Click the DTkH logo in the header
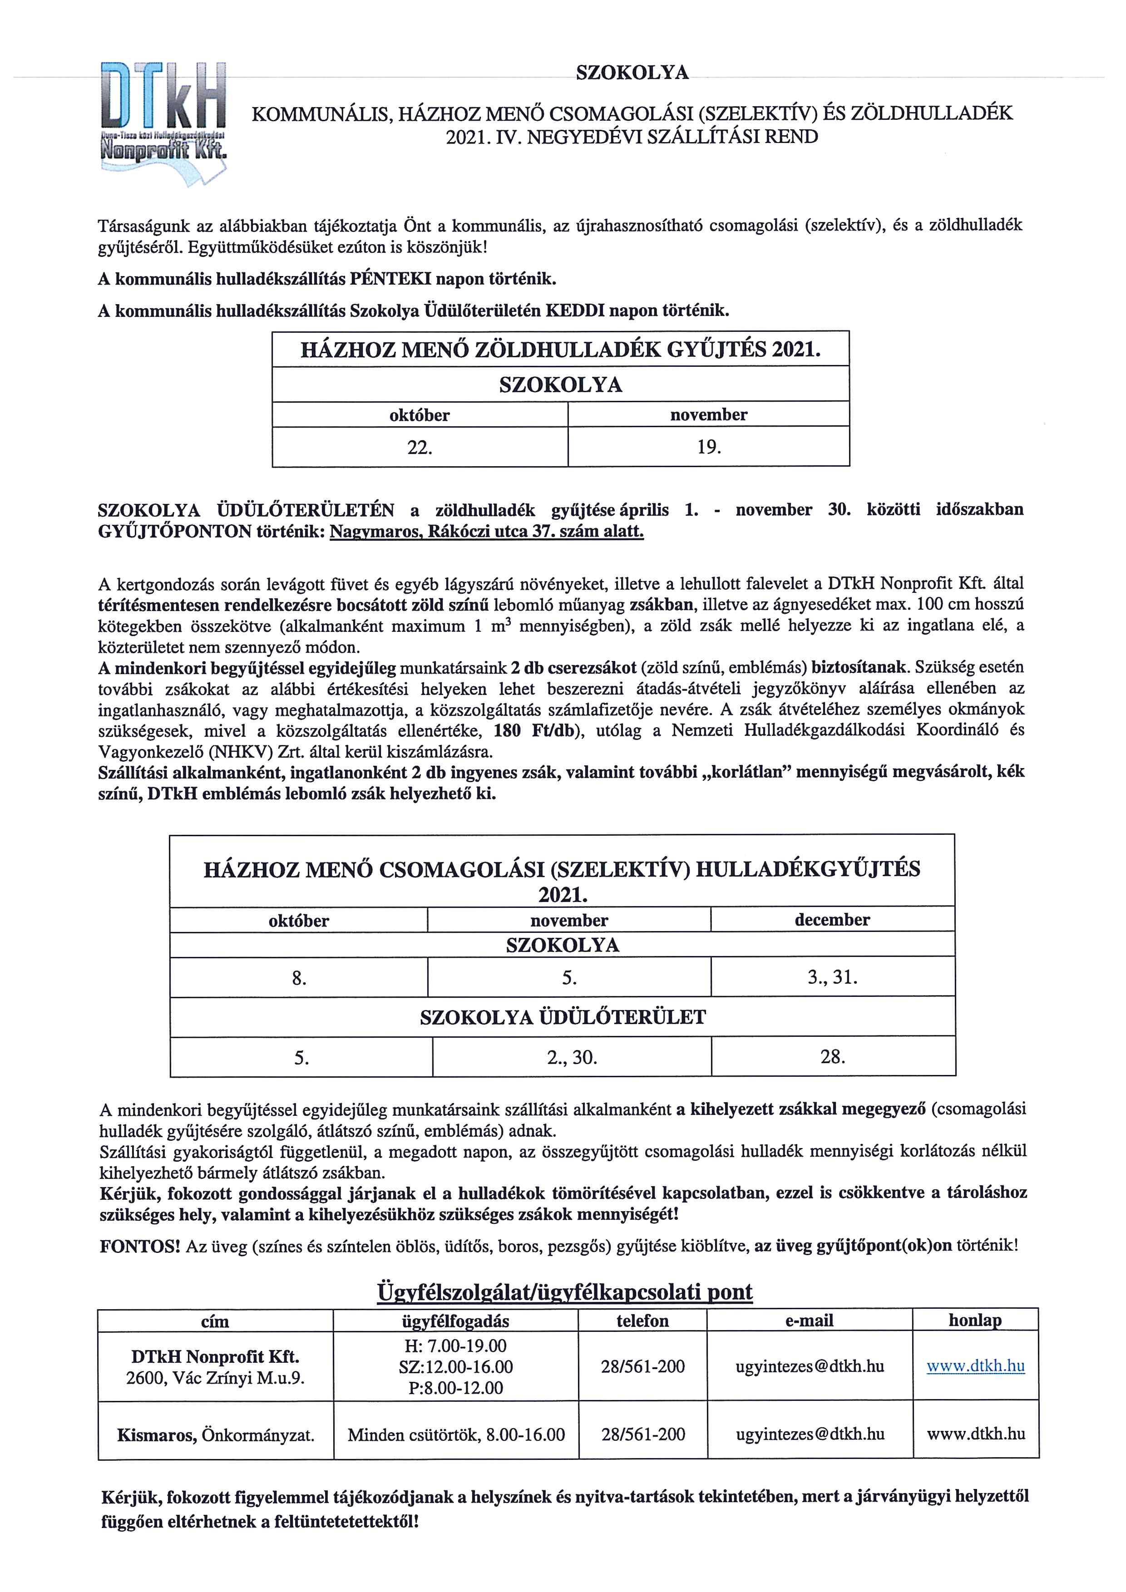click(x=164, y=121)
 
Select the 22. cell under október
click(x=420, y=447)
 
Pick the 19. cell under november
click(x=709, y=447)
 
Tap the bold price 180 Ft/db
click(x=534, y=730)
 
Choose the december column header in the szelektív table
click(x=832, y=920)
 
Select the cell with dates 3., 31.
click(x=832, y=978)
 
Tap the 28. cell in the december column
click(x=832, y=1057)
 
